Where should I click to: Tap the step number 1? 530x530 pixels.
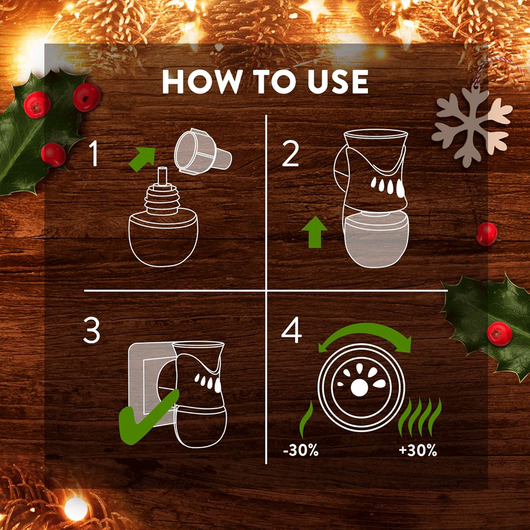coord(93,154)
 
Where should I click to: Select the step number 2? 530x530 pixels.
coord(290,154)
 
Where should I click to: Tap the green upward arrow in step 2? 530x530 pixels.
coord(314,232)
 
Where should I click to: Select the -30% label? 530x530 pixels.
coord(300,450)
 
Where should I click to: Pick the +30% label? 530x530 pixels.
coord(418,450)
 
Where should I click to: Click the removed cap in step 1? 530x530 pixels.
coord(203,151)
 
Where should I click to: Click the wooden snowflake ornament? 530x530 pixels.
coord(472,126)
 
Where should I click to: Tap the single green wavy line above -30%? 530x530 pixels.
coord(306,419)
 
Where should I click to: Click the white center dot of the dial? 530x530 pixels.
coord(359,387)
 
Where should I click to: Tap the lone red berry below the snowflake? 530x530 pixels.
coord(487,234)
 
